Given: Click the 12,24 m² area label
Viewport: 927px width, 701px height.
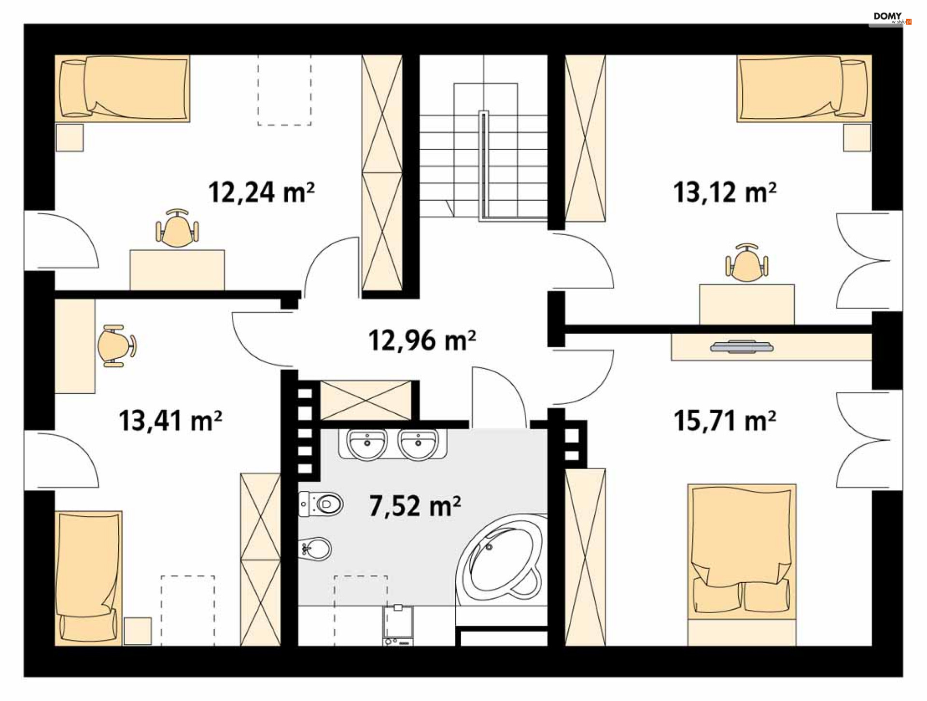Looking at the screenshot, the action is click(x=261, y=192).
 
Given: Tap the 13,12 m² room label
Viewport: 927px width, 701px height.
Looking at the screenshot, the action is click(x=725, y=192).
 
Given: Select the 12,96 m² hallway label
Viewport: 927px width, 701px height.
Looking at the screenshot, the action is click(x=422, y=340).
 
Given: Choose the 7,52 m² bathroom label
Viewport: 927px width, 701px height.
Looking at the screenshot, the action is click(x=415, y=506).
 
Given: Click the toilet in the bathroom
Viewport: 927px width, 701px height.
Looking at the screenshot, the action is click(x=321, y=505).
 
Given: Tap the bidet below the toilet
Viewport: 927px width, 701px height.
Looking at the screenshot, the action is click(x=315, y=549).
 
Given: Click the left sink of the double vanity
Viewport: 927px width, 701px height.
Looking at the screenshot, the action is click(x=367, y=444).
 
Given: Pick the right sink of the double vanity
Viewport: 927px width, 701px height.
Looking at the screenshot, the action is click(x=418, y=444).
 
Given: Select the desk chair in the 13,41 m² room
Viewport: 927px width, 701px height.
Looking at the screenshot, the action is click(x=116, y=346).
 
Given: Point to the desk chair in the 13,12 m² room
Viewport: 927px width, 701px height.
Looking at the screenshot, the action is click(x=746, y=263).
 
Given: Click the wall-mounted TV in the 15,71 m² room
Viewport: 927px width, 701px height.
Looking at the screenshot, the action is click(x=742, y=347).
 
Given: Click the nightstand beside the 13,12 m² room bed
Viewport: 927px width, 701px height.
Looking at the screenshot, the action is click(x=857, y=138).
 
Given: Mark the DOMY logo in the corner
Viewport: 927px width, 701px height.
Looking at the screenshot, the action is click(x=891, y=18).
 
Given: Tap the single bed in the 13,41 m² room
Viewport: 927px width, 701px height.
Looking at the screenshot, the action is click(x=88, y=578).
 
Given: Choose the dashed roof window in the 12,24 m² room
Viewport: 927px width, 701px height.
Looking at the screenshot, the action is click(x=284, y=90).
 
